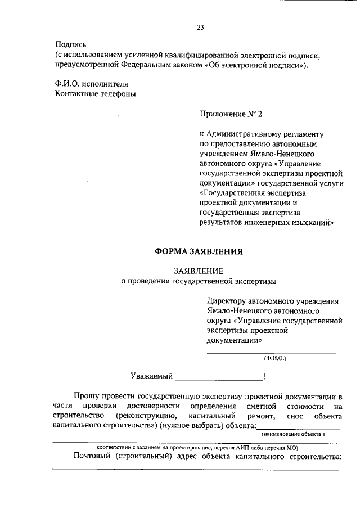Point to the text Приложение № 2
tap(231, 114)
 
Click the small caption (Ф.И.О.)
tap(275, 358)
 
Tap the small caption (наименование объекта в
tap(293, 435)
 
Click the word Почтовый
tap(94, 457)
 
